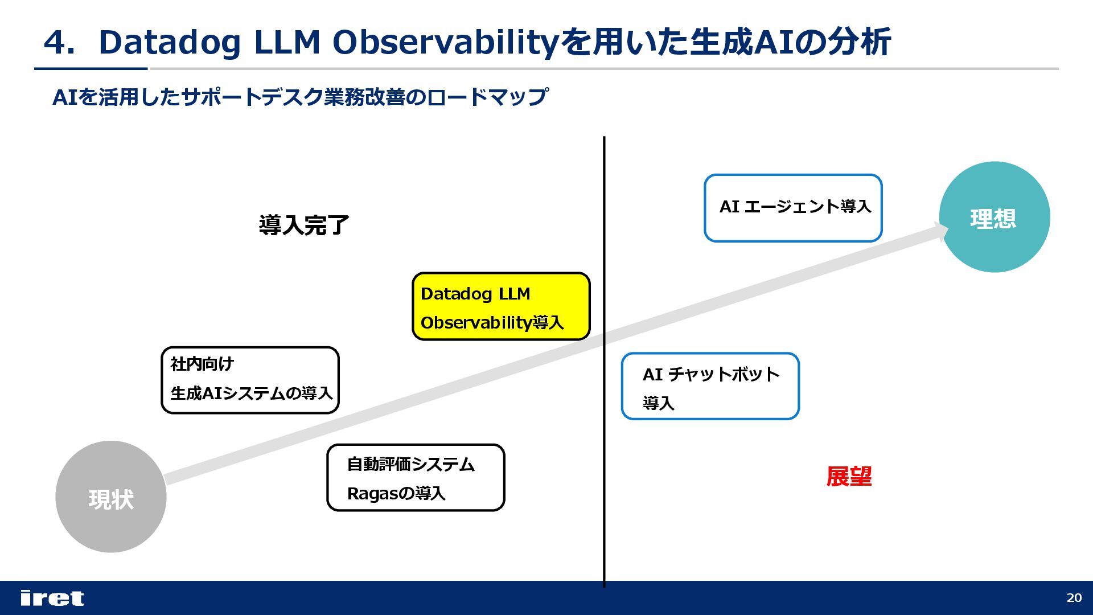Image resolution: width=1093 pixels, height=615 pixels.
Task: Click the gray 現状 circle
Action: point(110,497)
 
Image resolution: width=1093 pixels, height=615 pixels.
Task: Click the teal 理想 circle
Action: point(994,217)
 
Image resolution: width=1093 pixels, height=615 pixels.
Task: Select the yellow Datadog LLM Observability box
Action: point(501,306)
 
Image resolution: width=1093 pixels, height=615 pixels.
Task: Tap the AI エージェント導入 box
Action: point(793,208)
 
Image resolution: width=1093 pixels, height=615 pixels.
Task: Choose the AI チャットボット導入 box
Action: point(710,386)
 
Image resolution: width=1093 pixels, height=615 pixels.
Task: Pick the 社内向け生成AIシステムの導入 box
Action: point(250,380)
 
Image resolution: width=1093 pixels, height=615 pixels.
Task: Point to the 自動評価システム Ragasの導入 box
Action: point(416,478)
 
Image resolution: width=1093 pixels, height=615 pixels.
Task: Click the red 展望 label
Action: point(849,477)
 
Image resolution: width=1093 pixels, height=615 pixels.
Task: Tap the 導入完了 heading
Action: point(304,225)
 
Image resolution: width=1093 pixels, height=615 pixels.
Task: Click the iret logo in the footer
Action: point(52,598)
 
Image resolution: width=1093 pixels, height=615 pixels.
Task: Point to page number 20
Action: point(1074,598)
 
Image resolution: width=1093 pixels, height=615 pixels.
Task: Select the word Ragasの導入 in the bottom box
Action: point(396,493)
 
